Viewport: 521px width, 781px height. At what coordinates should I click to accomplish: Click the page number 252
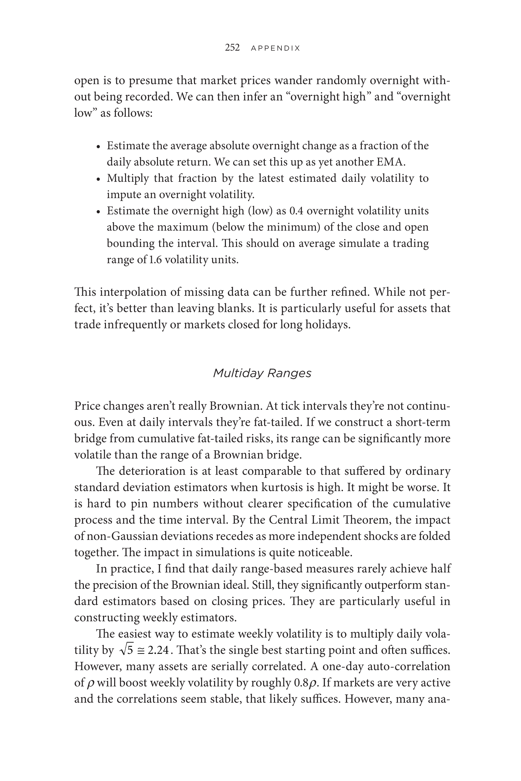click(x=232, y=48)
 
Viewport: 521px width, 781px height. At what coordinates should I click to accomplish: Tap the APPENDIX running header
click(x=275, y=48)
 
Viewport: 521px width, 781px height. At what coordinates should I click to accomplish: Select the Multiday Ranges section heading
click(x=262, y=373)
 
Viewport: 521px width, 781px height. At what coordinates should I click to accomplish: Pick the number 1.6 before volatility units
click(x=155, y=260)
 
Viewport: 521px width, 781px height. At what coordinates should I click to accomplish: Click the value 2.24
click(x=158, y=650)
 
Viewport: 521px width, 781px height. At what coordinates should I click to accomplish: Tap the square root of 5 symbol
click(x=126, y=650)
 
